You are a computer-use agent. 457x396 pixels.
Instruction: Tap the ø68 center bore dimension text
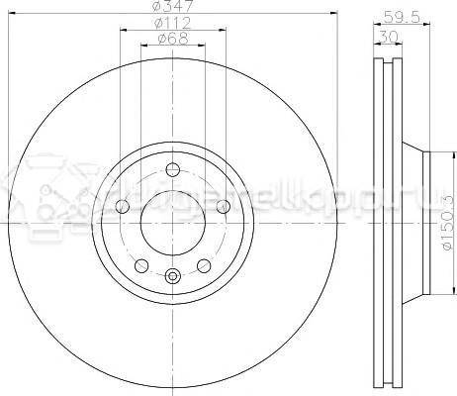173,41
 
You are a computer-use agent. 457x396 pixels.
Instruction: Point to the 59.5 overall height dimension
395,16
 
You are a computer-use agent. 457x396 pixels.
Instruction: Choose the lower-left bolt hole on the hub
140,265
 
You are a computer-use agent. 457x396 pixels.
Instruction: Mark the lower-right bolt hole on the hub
204,265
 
